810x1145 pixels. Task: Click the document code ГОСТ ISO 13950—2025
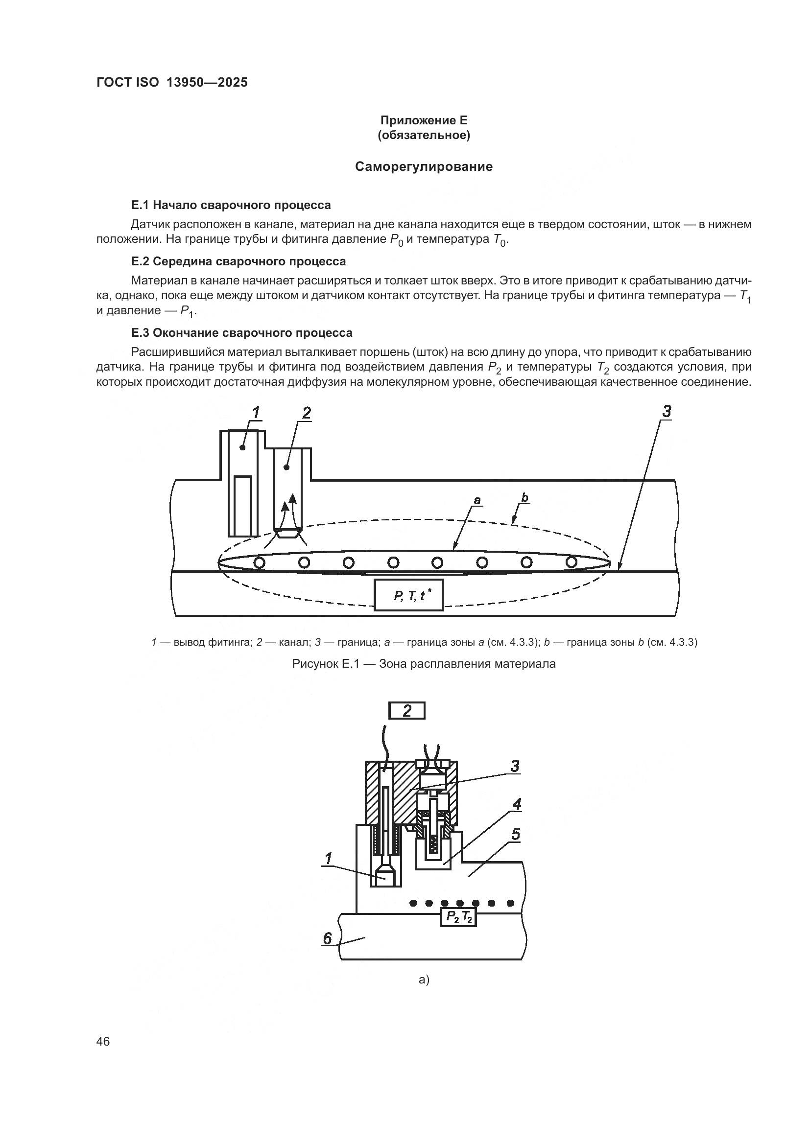[171, 83]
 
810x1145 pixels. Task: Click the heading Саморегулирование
[424, 166]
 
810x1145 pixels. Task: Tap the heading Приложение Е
[424, 120]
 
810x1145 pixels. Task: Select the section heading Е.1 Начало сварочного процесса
[231, 205]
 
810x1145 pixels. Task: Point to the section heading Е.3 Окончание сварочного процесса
[241, 332]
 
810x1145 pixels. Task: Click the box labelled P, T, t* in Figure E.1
[408, 595]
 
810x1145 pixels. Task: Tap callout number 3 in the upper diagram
[667, 412]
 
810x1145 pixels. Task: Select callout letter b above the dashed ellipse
[524, 497]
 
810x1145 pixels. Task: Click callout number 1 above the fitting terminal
[256, 413]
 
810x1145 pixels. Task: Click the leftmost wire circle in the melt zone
[260, 563]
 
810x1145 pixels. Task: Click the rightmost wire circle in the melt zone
[572, 562]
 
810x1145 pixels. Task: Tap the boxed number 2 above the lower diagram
[407, 711]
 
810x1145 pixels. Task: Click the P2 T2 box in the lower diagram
[458, 917]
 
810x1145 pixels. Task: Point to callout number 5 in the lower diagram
[515, 834]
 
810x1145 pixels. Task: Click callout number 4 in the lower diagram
[517, 804]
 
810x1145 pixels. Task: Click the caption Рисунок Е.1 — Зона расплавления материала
[424, 664]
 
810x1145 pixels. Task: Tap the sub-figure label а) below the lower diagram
[424, 980]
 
